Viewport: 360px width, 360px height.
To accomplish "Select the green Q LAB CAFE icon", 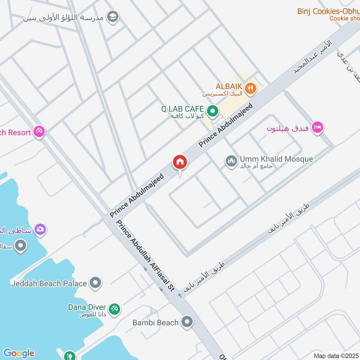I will (212, 110).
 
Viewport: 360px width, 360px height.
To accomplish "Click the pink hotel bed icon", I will (317, 128).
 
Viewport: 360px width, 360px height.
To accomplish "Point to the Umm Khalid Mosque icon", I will (231, 161).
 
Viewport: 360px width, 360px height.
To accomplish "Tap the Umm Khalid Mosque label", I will (276, 159).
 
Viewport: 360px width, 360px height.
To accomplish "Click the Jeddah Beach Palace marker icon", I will (95, 283).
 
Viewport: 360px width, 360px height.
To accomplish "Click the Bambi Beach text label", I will (155, 323).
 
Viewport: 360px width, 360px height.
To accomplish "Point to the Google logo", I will (18, 353).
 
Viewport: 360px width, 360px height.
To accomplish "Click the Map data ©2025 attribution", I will (335, 355).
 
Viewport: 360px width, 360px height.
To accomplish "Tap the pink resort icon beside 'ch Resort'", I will (39, 132).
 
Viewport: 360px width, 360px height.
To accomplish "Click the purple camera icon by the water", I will (40, 229).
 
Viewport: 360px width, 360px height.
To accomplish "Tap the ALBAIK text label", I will (230, 86).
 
